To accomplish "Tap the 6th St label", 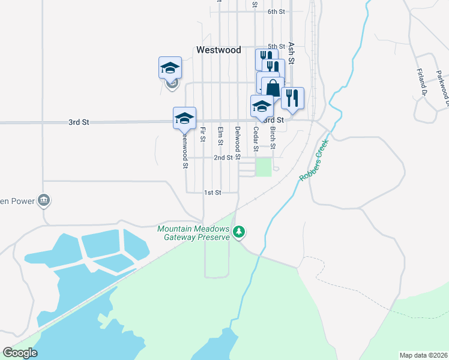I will tap(276, 11).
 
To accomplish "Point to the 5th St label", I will tap(276, 46).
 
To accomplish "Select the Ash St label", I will tap(292, 53).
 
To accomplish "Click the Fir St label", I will tap(203, 134).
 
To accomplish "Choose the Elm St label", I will tap(220, 136).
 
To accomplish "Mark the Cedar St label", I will tap(256, 139).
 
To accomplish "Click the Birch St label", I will tap(273, 138).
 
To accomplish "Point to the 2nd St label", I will tap(223, 158).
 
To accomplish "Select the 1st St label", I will tap(212, 193).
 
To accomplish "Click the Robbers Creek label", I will tap(314, 161).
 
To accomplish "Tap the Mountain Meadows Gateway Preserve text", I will tap(193, 233).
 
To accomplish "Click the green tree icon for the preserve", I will tap(239, 232).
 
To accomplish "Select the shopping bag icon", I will tap(273, 88).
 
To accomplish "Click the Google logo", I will tap(20, 353).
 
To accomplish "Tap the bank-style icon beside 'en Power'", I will tap(43, 200).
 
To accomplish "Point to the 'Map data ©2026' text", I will tap(423, 355).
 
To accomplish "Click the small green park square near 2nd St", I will tap(264, 167).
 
